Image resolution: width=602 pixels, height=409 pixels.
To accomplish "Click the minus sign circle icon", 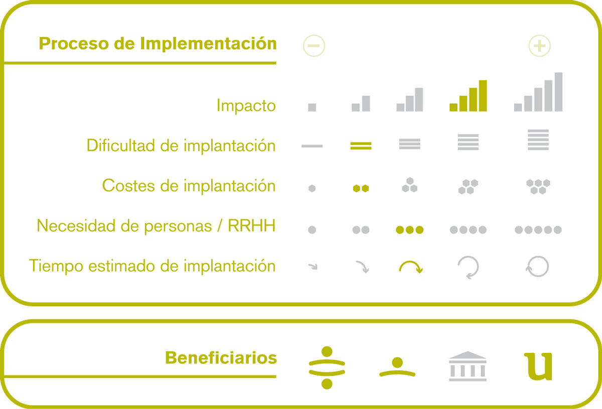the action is point(314,46).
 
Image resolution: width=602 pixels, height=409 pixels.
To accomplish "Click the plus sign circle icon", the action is point(539,46).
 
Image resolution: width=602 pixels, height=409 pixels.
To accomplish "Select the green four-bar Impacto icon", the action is point(468,96).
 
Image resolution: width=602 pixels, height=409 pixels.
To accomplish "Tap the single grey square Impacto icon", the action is point(312,107).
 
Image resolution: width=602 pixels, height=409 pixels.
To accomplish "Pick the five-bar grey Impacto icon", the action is point(538,92).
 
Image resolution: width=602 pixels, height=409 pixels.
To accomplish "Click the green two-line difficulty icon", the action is point(361,146).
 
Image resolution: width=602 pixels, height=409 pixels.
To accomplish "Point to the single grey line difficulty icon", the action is point(312,146).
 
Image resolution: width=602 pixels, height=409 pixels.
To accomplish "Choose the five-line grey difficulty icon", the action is point(538,140).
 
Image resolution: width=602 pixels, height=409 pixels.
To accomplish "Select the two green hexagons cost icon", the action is point(361,188).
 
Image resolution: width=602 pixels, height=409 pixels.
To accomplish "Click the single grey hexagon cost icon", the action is point(312,188).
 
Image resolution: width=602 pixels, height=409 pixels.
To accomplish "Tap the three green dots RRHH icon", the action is point(409,230).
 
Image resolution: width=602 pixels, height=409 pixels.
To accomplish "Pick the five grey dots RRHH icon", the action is point(538,230).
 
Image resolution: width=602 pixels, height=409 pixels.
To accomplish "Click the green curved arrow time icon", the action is point(411,262).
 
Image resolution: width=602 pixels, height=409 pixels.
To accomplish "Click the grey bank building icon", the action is point(468,366).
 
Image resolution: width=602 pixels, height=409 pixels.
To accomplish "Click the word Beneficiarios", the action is point(221,358).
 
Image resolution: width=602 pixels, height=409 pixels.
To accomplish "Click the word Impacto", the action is point(246,106).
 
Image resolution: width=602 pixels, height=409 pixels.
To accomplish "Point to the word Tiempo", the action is point(56,266).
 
